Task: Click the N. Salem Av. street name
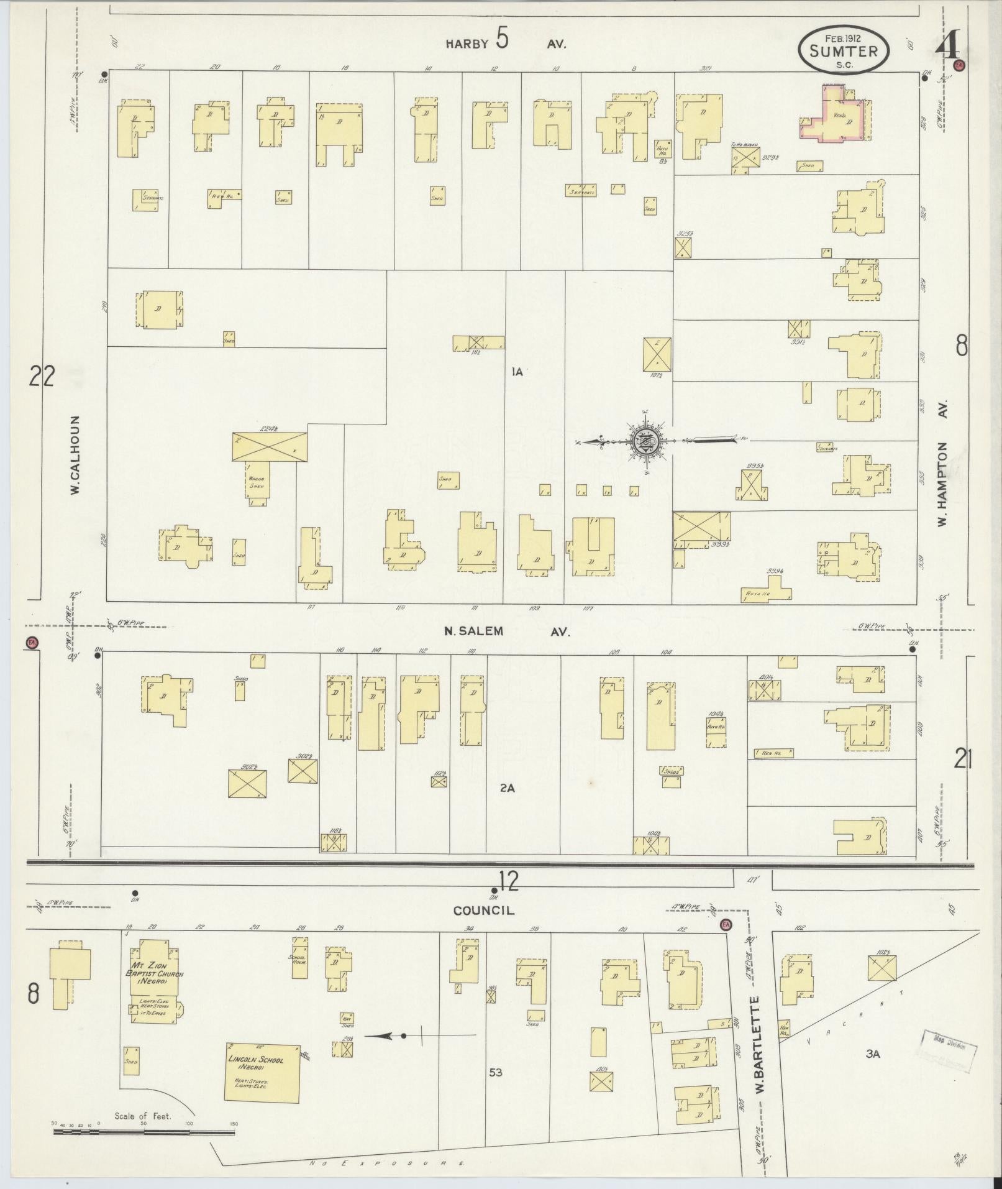506,631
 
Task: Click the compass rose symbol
646,441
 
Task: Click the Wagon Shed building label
257,482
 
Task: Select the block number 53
495,1072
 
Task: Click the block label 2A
508,787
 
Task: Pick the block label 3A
873,1053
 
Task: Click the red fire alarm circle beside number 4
960,65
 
